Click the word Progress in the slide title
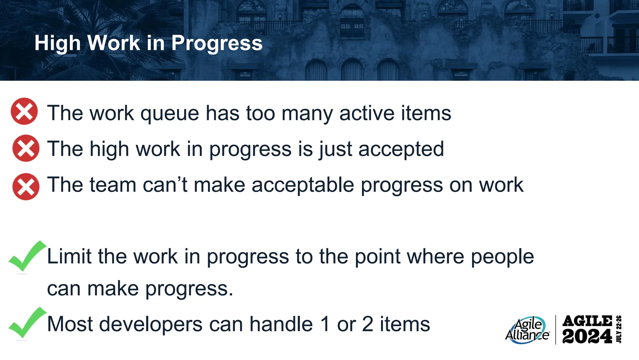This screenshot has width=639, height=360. point(217,43)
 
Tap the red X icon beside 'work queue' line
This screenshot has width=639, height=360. point(24,111)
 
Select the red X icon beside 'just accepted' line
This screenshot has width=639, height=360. point(26,148)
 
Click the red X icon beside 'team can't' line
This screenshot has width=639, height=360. point(26,187)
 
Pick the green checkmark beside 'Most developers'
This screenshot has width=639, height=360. point(27,323)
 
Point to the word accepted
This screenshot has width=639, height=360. point(401,149)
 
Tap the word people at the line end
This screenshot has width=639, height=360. point(502,257)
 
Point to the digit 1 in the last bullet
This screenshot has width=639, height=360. point(325,324)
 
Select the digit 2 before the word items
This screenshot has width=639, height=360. point(368,324)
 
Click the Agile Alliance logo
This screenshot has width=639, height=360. point(527,330)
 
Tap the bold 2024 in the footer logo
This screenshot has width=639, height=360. point(587,337)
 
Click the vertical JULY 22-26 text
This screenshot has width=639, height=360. point(619,329)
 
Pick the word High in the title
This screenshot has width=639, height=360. point(57,43)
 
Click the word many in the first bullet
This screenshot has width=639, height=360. point(307,113)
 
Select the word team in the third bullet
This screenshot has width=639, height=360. point(113,185)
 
